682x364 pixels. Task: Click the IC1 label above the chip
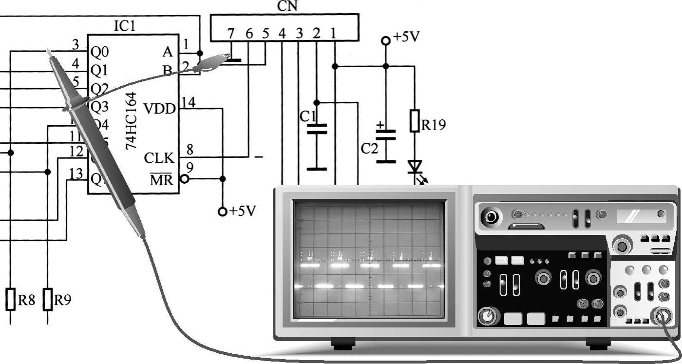pos(125,26)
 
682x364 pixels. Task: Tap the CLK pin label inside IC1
pos(159,158)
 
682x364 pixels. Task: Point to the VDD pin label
pos(159,108)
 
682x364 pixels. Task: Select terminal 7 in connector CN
pos(230,34)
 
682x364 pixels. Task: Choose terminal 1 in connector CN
pos(334,34)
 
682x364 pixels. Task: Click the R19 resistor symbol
pos(415,121)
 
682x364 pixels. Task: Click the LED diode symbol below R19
pos(415,167)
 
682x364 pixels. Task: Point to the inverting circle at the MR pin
pos(184,179)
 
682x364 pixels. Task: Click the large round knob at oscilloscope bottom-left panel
pos(486,317)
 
